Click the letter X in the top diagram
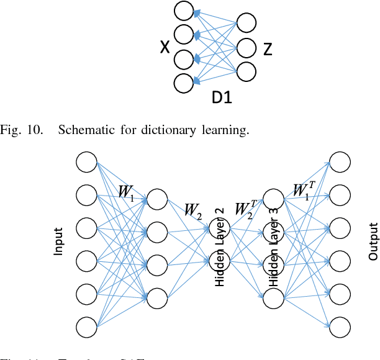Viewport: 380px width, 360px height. pyautogui.click(x=165, y=48)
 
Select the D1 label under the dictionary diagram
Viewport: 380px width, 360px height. pyautogui.click(x=222, y=97)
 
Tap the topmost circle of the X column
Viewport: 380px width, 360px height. pyautogui.click(x=184, y=11)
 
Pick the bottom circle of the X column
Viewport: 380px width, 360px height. pyautogui.click(x=184, y=83)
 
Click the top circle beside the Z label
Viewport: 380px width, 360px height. pyautogui.click(x=246, y=23)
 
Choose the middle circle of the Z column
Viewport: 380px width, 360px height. pyautogui.click(x=246, y=47)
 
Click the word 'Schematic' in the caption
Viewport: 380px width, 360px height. pyautogui.click(x=90, y=130)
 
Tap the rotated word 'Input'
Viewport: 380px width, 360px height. pyautogui.click(x=58, y=242)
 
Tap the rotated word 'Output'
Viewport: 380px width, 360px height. pyautogui.click(x=373, y=242)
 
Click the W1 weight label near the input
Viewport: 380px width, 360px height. pyautogui.click(x=126, y=191)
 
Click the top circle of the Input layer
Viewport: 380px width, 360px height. pyautogui.click(x=87, y=163)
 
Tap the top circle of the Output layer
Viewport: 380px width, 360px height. pyautogui.click(x=340, y=163)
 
